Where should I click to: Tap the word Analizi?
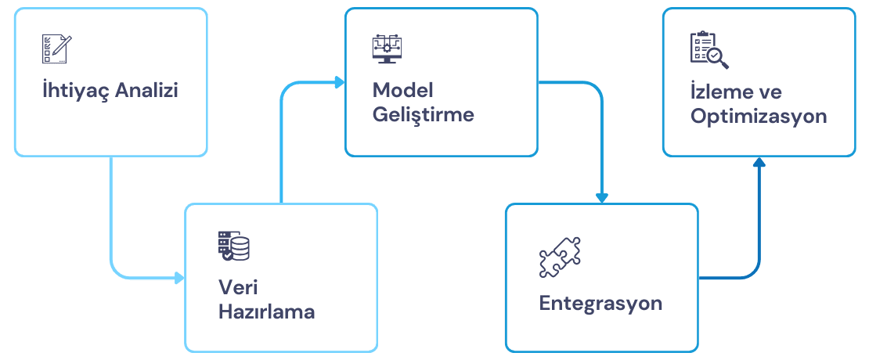tap(147, 91)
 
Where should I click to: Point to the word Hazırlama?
tap(266, 312)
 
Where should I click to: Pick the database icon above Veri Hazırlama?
tap(233, 245)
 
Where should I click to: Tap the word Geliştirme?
tap(423, 114)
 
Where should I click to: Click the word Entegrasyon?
tap(600, 303)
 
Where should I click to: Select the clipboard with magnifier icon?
tap(709, 49)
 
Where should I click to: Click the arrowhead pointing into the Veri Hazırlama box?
tap(179, 278)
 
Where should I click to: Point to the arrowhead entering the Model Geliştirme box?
tap(340, 82)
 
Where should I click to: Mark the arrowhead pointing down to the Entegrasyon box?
tap(601, 198)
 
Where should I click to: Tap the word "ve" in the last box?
tap(770, 92)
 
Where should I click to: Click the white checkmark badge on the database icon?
tap(228, 254)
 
